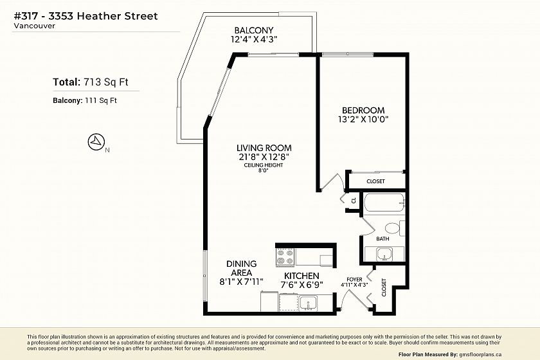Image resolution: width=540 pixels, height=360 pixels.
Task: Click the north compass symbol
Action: pyautogui.click(x=96, y=141)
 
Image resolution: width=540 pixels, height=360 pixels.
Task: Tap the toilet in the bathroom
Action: pyautogui.click(x=395, y=228)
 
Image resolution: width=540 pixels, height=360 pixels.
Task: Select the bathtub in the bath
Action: pyautogui.click(x=384, y=203)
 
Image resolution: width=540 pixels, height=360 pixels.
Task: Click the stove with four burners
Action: pyautogui.click(x=285, y=257)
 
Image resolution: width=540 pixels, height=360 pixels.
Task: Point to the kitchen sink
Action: pyautogui.click(x=307, y=303)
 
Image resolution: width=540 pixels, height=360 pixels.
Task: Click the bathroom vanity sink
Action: pyautogui.click(x=384, y=255)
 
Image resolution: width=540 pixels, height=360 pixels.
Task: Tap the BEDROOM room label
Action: pyautogui.click(x=363, y=111)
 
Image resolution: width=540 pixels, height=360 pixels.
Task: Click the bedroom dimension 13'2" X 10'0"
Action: pyautogui.click(x=363, y=120)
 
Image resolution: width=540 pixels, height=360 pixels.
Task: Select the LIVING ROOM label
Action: pyautogui.click(x=264, y=148)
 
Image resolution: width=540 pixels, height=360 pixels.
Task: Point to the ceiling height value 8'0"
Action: pyautogui.click(x=264, y=170)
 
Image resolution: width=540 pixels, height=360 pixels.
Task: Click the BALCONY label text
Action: pyautogui.click(x=254, y=30)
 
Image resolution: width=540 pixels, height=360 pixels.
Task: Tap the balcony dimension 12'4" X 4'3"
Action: pyautogui.click(x=254, y=39)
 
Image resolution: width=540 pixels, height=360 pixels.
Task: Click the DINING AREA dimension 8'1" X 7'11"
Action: pyautogui.click(x=242, y=282)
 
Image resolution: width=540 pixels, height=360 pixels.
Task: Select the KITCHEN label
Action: pyautogui.click(x=301, y=276)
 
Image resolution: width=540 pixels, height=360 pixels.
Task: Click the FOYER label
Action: pyautogui.click(x=354, y=280)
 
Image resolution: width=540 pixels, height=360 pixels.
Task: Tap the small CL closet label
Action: pyautogui.click(x=354, y=201)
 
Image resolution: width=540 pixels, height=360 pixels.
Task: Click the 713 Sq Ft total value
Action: pyautogui.click(x=106, y=82)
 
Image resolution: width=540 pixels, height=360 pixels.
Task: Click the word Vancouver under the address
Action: pyautogui.click(x=35, y=26)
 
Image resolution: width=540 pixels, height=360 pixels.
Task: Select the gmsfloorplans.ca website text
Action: pyautogui.click(x=480, y=354)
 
